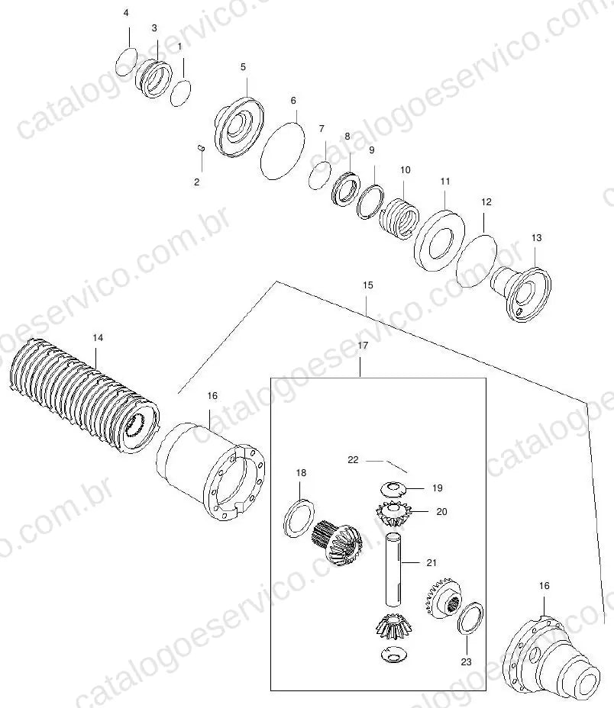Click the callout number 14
pyautogui.click(x=98, y=338)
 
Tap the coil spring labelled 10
pyautogui.click(x=399, y=218)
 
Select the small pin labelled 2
pyautogui.click(x=201, y=148)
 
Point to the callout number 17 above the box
pyautogui.click(x=363, y=346)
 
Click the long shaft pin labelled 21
pyautogui.click(x=393, y=569)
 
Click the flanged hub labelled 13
pyautogui.click(x=522, y=294)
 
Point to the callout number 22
pyautogui.click(x=353, y=459)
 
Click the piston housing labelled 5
pyautogui.click(x=238, y=127)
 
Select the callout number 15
pyautogui.click(x=368, y=285)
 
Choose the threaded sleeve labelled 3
pyautogui.click(x=153, y=79)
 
